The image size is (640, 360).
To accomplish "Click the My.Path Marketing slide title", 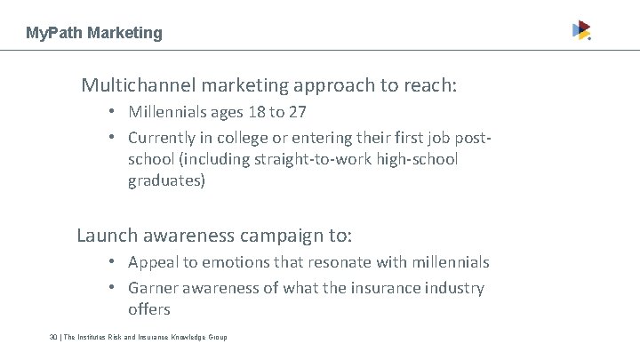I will click(x=94, y=33).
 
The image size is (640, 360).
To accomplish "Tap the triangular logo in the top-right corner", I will click(x=580, y=30).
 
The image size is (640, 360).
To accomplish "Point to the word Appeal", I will click(x=153, y=263).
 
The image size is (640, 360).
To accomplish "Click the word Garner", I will click(x=155, y=288).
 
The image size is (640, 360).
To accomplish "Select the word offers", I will click(x=148, y=309).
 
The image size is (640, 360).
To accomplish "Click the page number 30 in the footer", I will click(x=54, y=338).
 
